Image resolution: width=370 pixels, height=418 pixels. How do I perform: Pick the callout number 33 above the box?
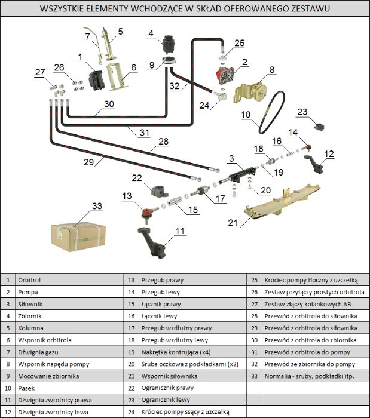pyautogui.click(x=97, y=206)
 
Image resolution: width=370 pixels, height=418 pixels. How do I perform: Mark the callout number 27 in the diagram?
pyautogui.click(x=40, y=72)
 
